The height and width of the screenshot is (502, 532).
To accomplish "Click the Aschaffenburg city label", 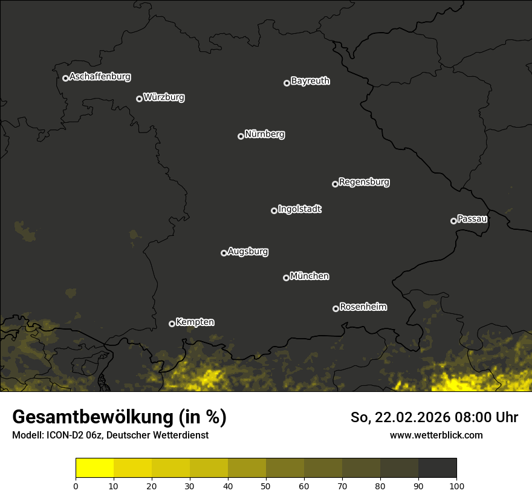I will click(100, 77).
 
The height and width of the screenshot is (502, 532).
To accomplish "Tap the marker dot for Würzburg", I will click(139, 99).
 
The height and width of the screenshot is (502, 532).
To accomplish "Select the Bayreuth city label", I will click(310, 81).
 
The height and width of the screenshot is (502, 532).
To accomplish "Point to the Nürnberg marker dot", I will click(241, 136).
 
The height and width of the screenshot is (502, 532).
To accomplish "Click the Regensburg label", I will click(364, 182).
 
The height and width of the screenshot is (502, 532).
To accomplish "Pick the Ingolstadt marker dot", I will click(274, 210).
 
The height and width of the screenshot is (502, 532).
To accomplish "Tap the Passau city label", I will click(472, 219).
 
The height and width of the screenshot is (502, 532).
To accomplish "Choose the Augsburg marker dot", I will click(224, 253).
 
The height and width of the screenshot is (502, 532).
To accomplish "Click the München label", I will click(310, 276).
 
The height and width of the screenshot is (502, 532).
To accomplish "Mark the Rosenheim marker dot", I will click(336, 308).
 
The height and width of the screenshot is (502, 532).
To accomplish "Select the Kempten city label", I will click(195, 322).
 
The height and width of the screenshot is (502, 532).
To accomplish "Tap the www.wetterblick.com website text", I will click(436, 435).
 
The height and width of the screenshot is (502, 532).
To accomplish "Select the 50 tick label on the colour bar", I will click(266, 485).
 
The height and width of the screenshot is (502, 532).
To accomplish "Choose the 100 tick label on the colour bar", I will click(456, 485).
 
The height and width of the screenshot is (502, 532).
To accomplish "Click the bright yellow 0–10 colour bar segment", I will click(95, 468).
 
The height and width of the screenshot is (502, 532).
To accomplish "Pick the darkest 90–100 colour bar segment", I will click(437, 468).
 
